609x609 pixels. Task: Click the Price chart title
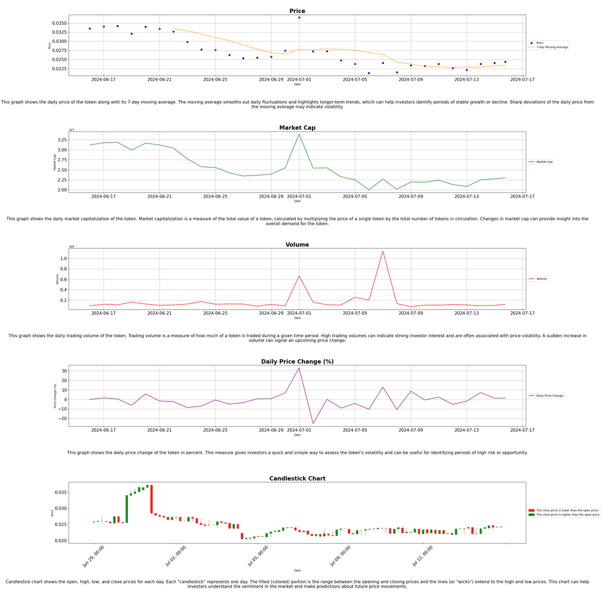point(297,11)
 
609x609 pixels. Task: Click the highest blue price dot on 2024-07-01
point(299,18)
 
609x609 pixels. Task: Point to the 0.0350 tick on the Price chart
point(59,23)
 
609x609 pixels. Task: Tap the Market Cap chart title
point(297,128)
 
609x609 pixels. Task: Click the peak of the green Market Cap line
point(299,134)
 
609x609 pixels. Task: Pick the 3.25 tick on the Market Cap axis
point(61,140)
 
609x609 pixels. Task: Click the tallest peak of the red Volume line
point(383,251)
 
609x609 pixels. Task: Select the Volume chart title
point(297,245)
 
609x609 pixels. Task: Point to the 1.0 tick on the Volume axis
point(63,258)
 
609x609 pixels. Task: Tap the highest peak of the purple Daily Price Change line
point(299,368)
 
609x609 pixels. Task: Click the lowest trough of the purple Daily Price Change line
point(313,424)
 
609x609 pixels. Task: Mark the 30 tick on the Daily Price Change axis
point(64,371)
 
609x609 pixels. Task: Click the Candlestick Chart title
point(297,479)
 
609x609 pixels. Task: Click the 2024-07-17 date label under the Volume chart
point(522,313)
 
